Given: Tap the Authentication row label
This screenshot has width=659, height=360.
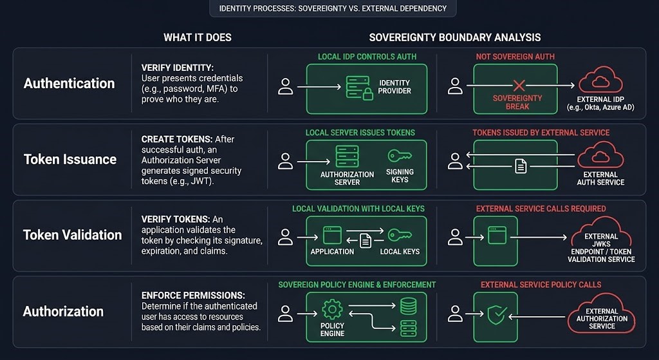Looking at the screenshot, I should [x=70, y=84].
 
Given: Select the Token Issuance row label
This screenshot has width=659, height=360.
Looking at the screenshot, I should [x=70, y=159].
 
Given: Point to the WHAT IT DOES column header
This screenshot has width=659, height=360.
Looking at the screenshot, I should [x=198, y=37].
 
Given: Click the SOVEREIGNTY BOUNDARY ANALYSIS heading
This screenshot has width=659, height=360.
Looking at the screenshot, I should [x=455, y=37].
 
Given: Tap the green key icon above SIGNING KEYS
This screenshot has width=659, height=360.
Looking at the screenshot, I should [x=399, y=156].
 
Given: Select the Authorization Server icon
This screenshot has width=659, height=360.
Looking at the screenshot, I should [x=347, y=156].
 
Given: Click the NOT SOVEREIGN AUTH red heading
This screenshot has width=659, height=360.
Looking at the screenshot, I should [x=515, y=57].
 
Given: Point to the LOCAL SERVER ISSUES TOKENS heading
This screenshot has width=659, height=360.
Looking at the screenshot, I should [x=360, y=133].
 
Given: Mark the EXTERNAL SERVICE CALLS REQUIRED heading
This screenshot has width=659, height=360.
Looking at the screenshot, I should [x=541, y=209].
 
